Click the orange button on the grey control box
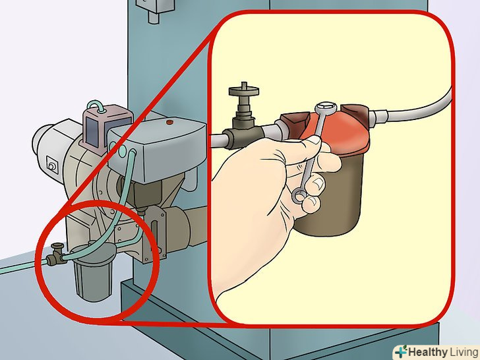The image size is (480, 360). click(169, 123)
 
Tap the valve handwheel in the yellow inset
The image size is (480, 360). click(244, 90)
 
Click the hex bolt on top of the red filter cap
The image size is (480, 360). click(326, 107)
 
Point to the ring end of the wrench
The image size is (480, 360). click(299, 196)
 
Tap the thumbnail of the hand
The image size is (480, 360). click(318, 183)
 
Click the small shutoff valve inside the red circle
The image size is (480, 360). click(56, 255)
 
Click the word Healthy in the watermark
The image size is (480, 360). click(428, 351)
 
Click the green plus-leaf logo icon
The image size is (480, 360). click(401, 351)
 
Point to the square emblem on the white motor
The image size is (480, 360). click(52, 164)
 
